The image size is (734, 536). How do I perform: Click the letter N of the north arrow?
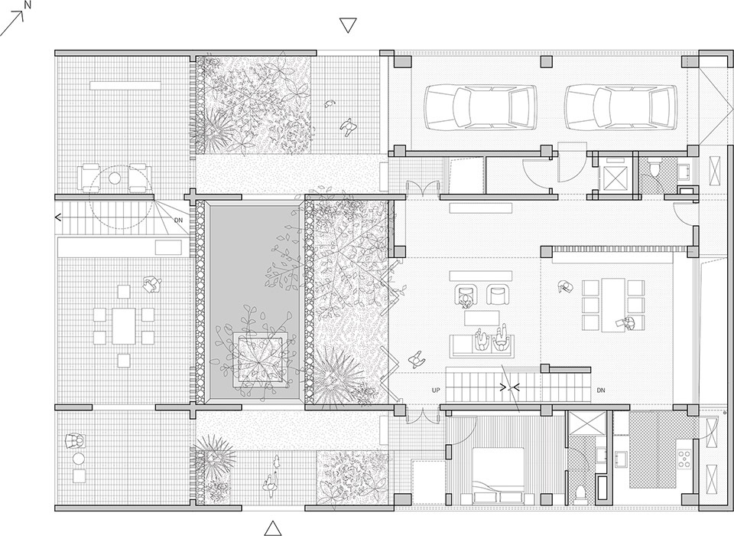(28, 5)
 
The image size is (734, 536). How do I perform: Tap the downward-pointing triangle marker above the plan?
(348, 25)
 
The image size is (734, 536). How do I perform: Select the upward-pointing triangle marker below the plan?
(273, 528)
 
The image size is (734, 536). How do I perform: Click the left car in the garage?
(480, 106)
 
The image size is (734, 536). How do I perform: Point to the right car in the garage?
(620, 106)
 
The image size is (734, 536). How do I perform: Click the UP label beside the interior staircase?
(436, 391)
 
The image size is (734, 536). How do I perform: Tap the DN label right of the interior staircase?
(601, 391)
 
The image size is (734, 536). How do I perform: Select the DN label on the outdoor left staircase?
(178, 220)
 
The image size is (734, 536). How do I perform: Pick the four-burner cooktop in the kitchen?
(684, 458)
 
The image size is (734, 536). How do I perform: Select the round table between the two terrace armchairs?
(115, 178)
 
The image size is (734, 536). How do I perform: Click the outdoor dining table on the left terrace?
(124, 325)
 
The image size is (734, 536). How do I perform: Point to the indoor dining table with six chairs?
(613, 304)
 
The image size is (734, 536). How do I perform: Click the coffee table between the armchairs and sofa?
(482, 318)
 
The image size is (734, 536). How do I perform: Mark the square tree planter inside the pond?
(259, 358)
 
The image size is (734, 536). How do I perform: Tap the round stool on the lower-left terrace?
(79, 458)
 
